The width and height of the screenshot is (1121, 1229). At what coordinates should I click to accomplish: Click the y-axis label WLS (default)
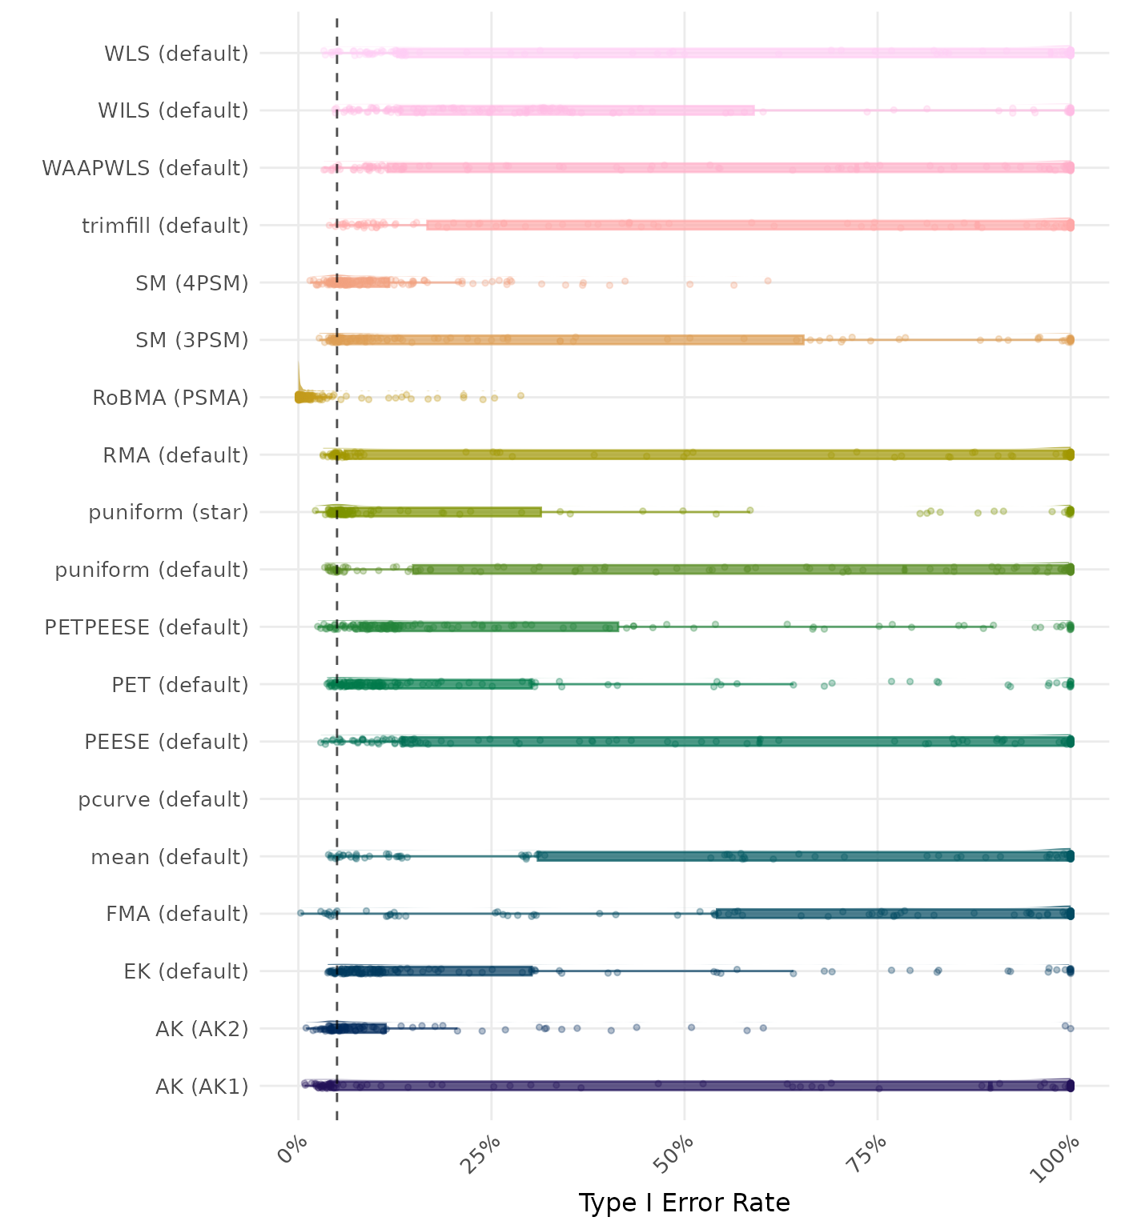(x=176, y=54)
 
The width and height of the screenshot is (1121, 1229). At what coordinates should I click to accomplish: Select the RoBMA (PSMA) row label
(x=171, y=398)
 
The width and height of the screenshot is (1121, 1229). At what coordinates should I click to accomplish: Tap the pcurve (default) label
(x=163, y=799)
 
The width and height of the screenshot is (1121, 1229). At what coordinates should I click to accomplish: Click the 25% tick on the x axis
(x=484, y=1153)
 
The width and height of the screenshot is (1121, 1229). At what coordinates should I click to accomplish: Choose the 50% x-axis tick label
(x=677, y=1153)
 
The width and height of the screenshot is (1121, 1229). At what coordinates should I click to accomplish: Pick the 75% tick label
(x=870, y=1153)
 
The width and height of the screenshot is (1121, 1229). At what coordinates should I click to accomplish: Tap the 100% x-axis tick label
(x=1059, y=1157)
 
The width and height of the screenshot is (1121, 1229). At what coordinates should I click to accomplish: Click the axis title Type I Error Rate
(x=684, y=1203)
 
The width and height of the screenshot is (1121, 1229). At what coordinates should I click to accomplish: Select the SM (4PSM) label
(x=192, y=283)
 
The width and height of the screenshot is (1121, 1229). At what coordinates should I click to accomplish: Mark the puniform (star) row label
(x=168, y=512)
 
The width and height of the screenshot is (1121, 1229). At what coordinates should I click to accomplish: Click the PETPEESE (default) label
(x=147, y=627)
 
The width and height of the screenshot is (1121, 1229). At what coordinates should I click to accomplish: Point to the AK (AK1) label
(x=202, y=1087)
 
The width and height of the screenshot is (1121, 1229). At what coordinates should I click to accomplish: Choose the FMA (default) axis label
(x=177, y=914)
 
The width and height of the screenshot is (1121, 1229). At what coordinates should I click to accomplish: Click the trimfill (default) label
(x=165, y=226)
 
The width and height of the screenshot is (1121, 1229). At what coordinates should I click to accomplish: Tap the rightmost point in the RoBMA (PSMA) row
(x=520, y=395)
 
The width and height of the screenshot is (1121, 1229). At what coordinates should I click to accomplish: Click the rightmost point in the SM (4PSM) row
(x=768, y=281)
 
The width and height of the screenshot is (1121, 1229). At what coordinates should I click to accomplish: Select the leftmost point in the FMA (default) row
(x=300, y=912)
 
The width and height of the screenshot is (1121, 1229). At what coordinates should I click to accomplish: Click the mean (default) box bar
(x=801, y=856)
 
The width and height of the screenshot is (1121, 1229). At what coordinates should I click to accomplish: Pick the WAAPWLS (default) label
(x=145, y=168)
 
